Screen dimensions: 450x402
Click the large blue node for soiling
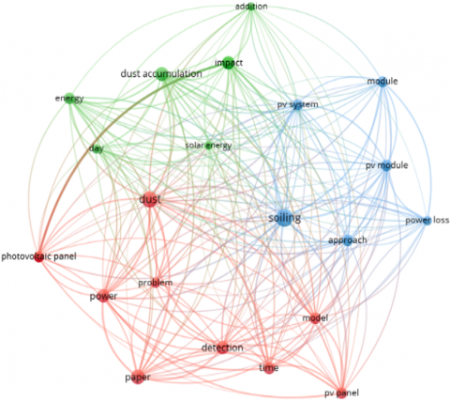(x=284, y=218)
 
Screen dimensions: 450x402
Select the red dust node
(x=150, y=199)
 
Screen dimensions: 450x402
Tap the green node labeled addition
(x=251, y=7)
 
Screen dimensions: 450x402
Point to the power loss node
(x=427, y=221)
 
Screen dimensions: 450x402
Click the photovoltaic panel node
(x=38, y=257)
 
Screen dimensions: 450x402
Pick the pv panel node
(x=341, y=393)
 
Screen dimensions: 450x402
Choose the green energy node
(x=69, y=98)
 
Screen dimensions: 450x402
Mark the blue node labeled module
(x=382, y=82)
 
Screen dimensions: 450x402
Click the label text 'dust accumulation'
(x=161, y=74)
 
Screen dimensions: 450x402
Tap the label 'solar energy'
(x=208, y=146)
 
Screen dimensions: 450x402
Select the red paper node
(x=138, y=378)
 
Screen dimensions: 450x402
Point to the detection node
(x=222, y=348)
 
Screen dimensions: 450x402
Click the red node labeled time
(x=269, y=368)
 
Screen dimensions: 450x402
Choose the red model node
(x=315, y=318)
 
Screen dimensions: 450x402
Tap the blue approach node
(x=347, y=240)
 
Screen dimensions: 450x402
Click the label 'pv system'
(x=297, y=104)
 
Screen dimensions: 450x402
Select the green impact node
(x=229, y=63)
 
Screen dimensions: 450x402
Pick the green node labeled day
(x=97, y=148)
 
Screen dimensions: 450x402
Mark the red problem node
(x=156, y=283)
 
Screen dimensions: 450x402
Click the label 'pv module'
(x=386, y=165)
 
